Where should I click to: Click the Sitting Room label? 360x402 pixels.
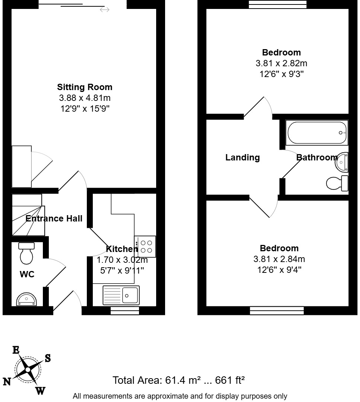pyautogui.click(x=85, y=87)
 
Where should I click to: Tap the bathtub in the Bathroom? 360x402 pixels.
pyautogui.click(x=316, y=133)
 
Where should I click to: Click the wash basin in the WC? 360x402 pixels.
pyautogui.click(x=26, y=299)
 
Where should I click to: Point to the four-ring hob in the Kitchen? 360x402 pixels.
pyautogui.click(x=145, y=246)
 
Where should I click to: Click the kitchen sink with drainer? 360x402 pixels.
pyautogui.click(x=121, y=295)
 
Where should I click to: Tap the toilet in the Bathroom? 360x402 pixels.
pyautogui.click(x=337, y=183)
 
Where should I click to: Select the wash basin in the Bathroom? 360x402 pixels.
pyautogui.click(x=342, y=162)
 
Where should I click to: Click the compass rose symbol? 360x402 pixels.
pyautogui.click(x=28, y=370)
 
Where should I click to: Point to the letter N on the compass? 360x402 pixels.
pyautogui.click(x=7, y=382)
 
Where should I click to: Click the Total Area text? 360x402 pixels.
pyautogui.click(x=179, y=380)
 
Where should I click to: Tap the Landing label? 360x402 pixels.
pyautogui.click(x=242, y=157)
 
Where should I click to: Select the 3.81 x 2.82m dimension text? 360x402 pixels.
pyautogui.click(x=281, y=63)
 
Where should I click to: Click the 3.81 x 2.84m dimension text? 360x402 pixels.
pyautogui.click(x=279, y=259)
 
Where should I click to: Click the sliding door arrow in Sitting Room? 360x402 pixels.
pyautogui.click(x=105, y=10)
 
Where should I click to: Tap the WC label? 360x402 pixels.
pyautogui.click(x=27, y=275)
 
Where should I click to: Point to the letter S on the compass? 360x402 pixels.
pyautogui.click(x=48, y=358)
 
